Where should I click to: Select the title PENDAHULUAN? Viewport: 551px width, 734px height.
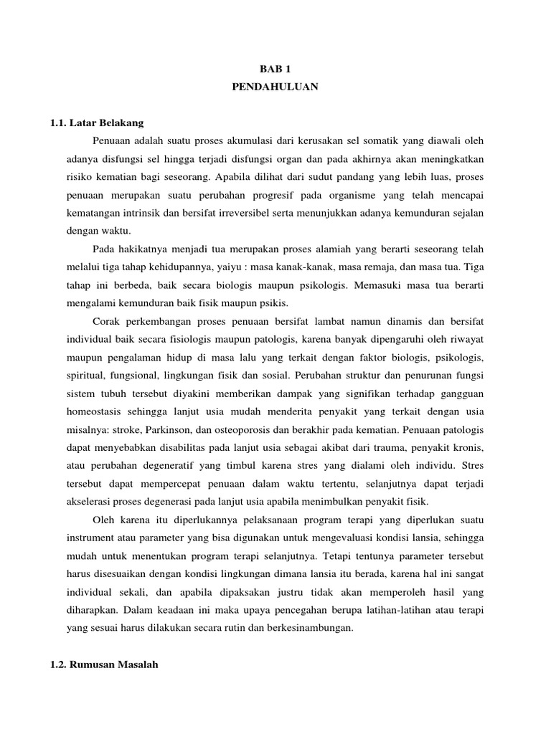(275, 89)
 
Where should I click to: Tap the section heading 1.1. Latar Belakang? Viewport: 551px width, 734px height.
(97, 123)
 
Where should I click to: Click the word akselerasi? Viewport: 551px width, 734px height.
(88, 500)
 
